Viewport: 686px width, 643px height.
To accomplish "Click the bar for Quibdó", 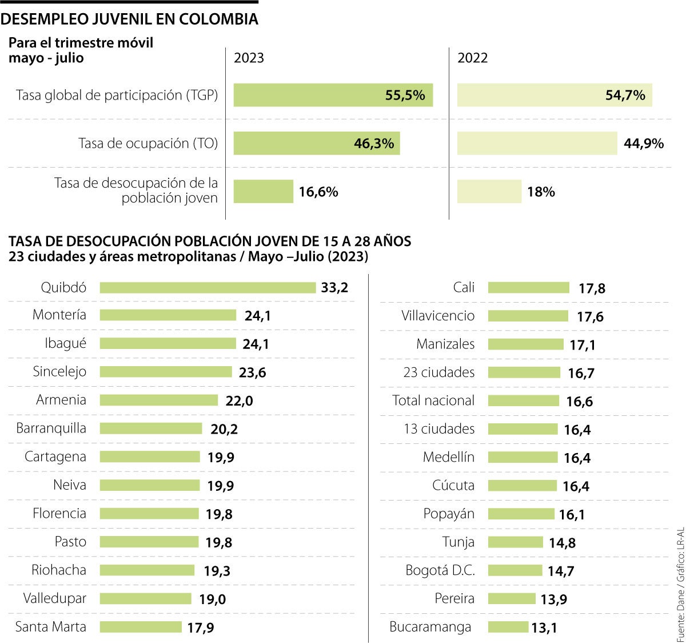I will [x=208, y=287].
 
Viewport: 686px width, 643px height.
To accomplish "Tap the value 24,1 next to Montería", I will [x=257, y=316].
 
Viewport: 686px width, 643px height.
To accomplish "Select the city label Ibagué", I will [x=66, y=343].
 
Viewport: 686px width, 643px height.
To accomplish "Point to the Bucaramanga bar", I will [x=508, y=627].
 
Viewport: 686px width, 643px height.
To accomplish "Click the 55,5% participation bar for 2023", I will [x=333, y=95].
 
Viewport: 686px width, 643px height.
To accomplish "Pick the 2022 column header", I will [x=472, y=58].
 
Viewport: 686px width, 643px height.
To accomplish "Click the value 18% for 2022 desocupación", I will [x=541, y=192].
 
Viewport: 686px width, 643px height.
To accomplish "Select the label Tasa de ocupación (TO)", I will [x=148, y=143].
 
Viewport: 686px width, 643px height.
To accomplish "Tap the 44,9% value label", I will [x=644, y=144].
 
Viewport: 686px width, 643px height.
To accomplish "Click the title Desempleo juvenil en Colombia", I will [x=130, y=19].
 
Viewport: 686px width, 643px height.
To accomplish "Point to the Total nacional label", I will [x=433, y=400].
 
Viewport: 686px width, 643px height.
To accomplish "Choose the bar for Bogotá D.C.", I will [x=514, y=570].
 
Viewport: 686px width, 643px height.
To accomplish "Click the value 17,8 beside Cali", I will [x=592, y=288].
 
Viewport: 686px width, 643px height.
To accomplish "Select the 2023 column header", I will [x=249, y=58].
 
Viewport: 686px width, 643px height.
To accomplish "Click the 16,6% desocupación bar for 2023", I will [x=263, y=192].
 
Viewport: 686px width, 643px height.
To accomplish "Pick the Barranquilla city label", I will [x=51, y=428].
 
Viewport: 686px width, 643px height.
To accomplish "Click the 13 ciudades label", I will [x=439, y=428].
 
